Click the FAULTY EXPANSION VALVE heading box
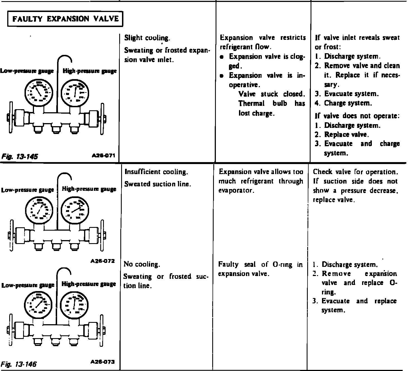click(x=65, y=19)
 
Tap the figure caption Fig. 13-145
click(x=20, y=156)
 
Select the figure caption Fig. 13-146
click(x=19, y=364)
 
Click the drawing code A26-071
click(x=103, y=155)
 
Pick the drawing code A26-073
click(x=103, y=362)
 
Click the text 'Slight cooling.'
click(x=147, y=38)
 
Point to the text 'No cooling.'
click(x=142, y=264)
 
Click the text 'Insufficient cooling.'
click(x=156, y=172)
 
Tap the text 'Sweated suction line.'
click(x=157, y=184)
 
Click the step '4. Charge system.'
click(x=343, y=103)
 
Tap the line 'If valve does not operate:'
click(x=357, y=116)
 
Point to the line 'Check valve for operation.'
click(x=355, y=172)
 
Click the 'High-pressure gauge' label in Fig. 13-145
click(x=89, y=71)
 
